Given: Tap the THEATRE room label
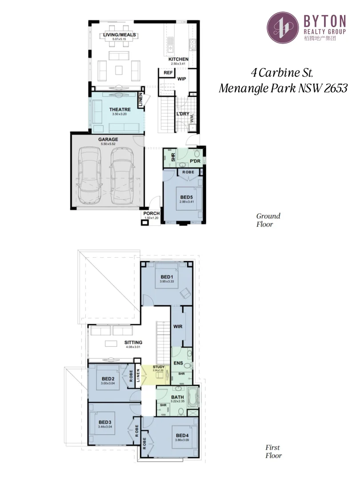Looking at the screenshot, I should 119,109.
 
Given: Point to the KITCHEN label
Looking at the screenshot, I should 178,59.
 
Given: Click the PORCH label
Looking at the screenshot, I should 151,214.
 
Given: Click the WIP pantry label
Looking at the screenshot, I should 181,79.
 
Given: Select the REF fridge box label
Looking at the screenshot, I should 168,72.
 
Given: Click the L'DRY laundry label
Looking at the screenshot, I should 183,114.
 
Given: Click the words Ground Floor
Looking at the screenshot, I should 268,220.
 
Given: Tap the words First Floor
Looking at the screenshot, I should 273,451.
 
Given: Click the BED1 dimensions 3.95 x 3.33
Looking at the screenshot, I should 167,281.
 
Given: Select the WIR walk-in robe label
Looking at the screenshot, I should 178,326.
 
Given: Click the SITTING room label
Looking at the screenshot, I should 133,343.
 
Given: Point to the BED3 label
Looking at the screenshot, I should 104,422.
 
